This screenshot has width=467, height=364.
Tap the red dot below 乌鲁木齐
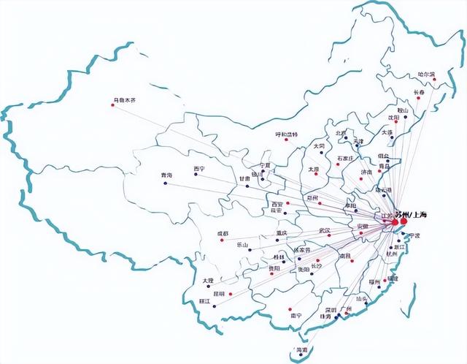(x=112, y=105)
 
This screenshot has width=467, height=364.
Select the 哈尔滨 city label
(x=426, y=75)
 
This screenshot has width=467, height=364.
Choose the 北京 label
(x=341, y=133)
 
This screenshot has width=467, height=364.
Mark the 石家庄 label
(x=345, y=158)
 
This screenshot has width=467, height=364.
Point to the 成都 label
(x=222, y=233)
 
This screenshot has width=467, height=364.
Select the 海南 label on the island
(x=300, y=350)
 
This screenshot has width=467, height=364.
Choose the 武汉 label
(x=324, y=230)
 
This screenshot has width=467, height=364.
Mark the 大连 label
(x=387, y=132)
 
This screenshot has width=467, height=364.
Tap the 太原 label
(x=314, y=169)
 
